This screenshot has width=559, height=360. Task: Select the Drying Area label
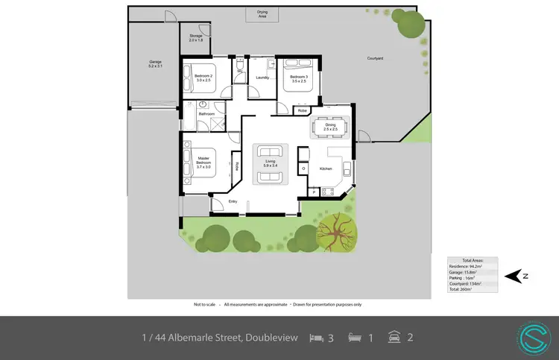pyautogui.click(x=262, y=14)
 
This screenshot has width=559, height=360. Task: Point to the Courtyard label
pyautogui.click(x=375, y=58)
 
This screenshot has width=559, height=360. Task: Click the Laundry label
pyautogui.click(x=262, y=78)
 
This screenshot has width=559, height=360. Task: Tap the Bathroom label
pyautogui.click(x=206, y=113)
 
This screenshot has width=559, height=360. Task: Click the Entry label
pyautogui.click(x=233, y=201)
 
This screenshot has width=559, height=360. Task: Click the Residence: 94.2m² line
pyautogui.click(x=465, y=266)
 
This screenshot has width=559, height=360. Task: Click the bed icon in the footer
pyautogui.click(x=316, y=338)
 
